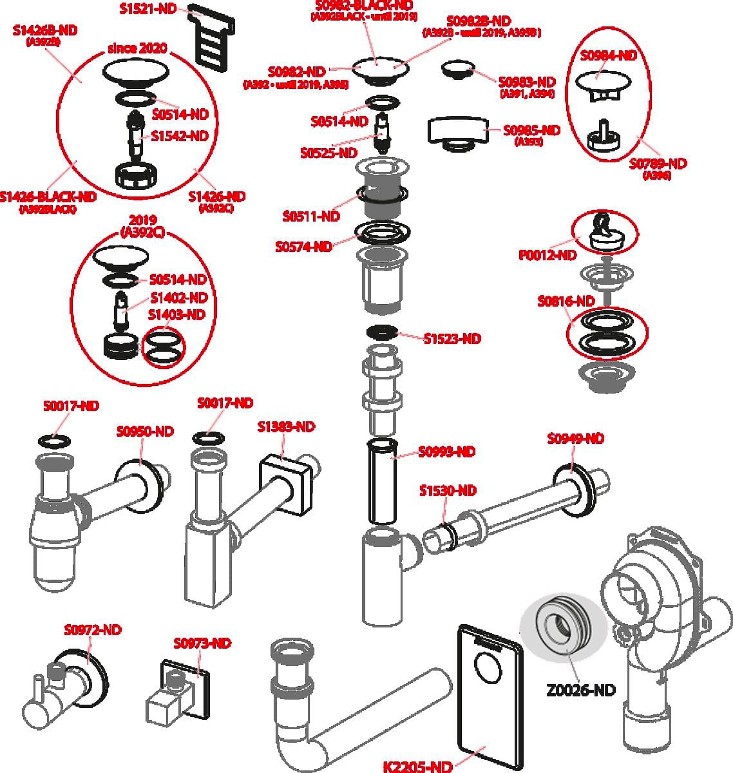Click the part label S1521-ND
[148, 8]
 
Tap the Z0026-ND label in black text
[580, 690]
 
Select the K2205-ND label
[417, 766]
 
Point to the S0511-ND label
[311, 216]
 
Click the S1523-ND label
[452, 339]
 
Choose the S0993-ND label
[447, 452]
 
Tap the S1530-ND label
[448, 490]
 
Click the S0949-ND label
[576, 439]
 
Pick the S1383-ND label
[286, 426]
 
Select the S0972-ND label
[93, 630]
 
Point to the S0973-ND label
[202, 643]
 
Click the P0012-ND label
[547, 255]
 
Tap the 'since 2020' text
[137, 48]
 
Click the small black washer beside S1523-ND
[382, 332]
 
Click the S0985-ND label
[531, 130]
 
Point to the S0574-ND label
[304, 246]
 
